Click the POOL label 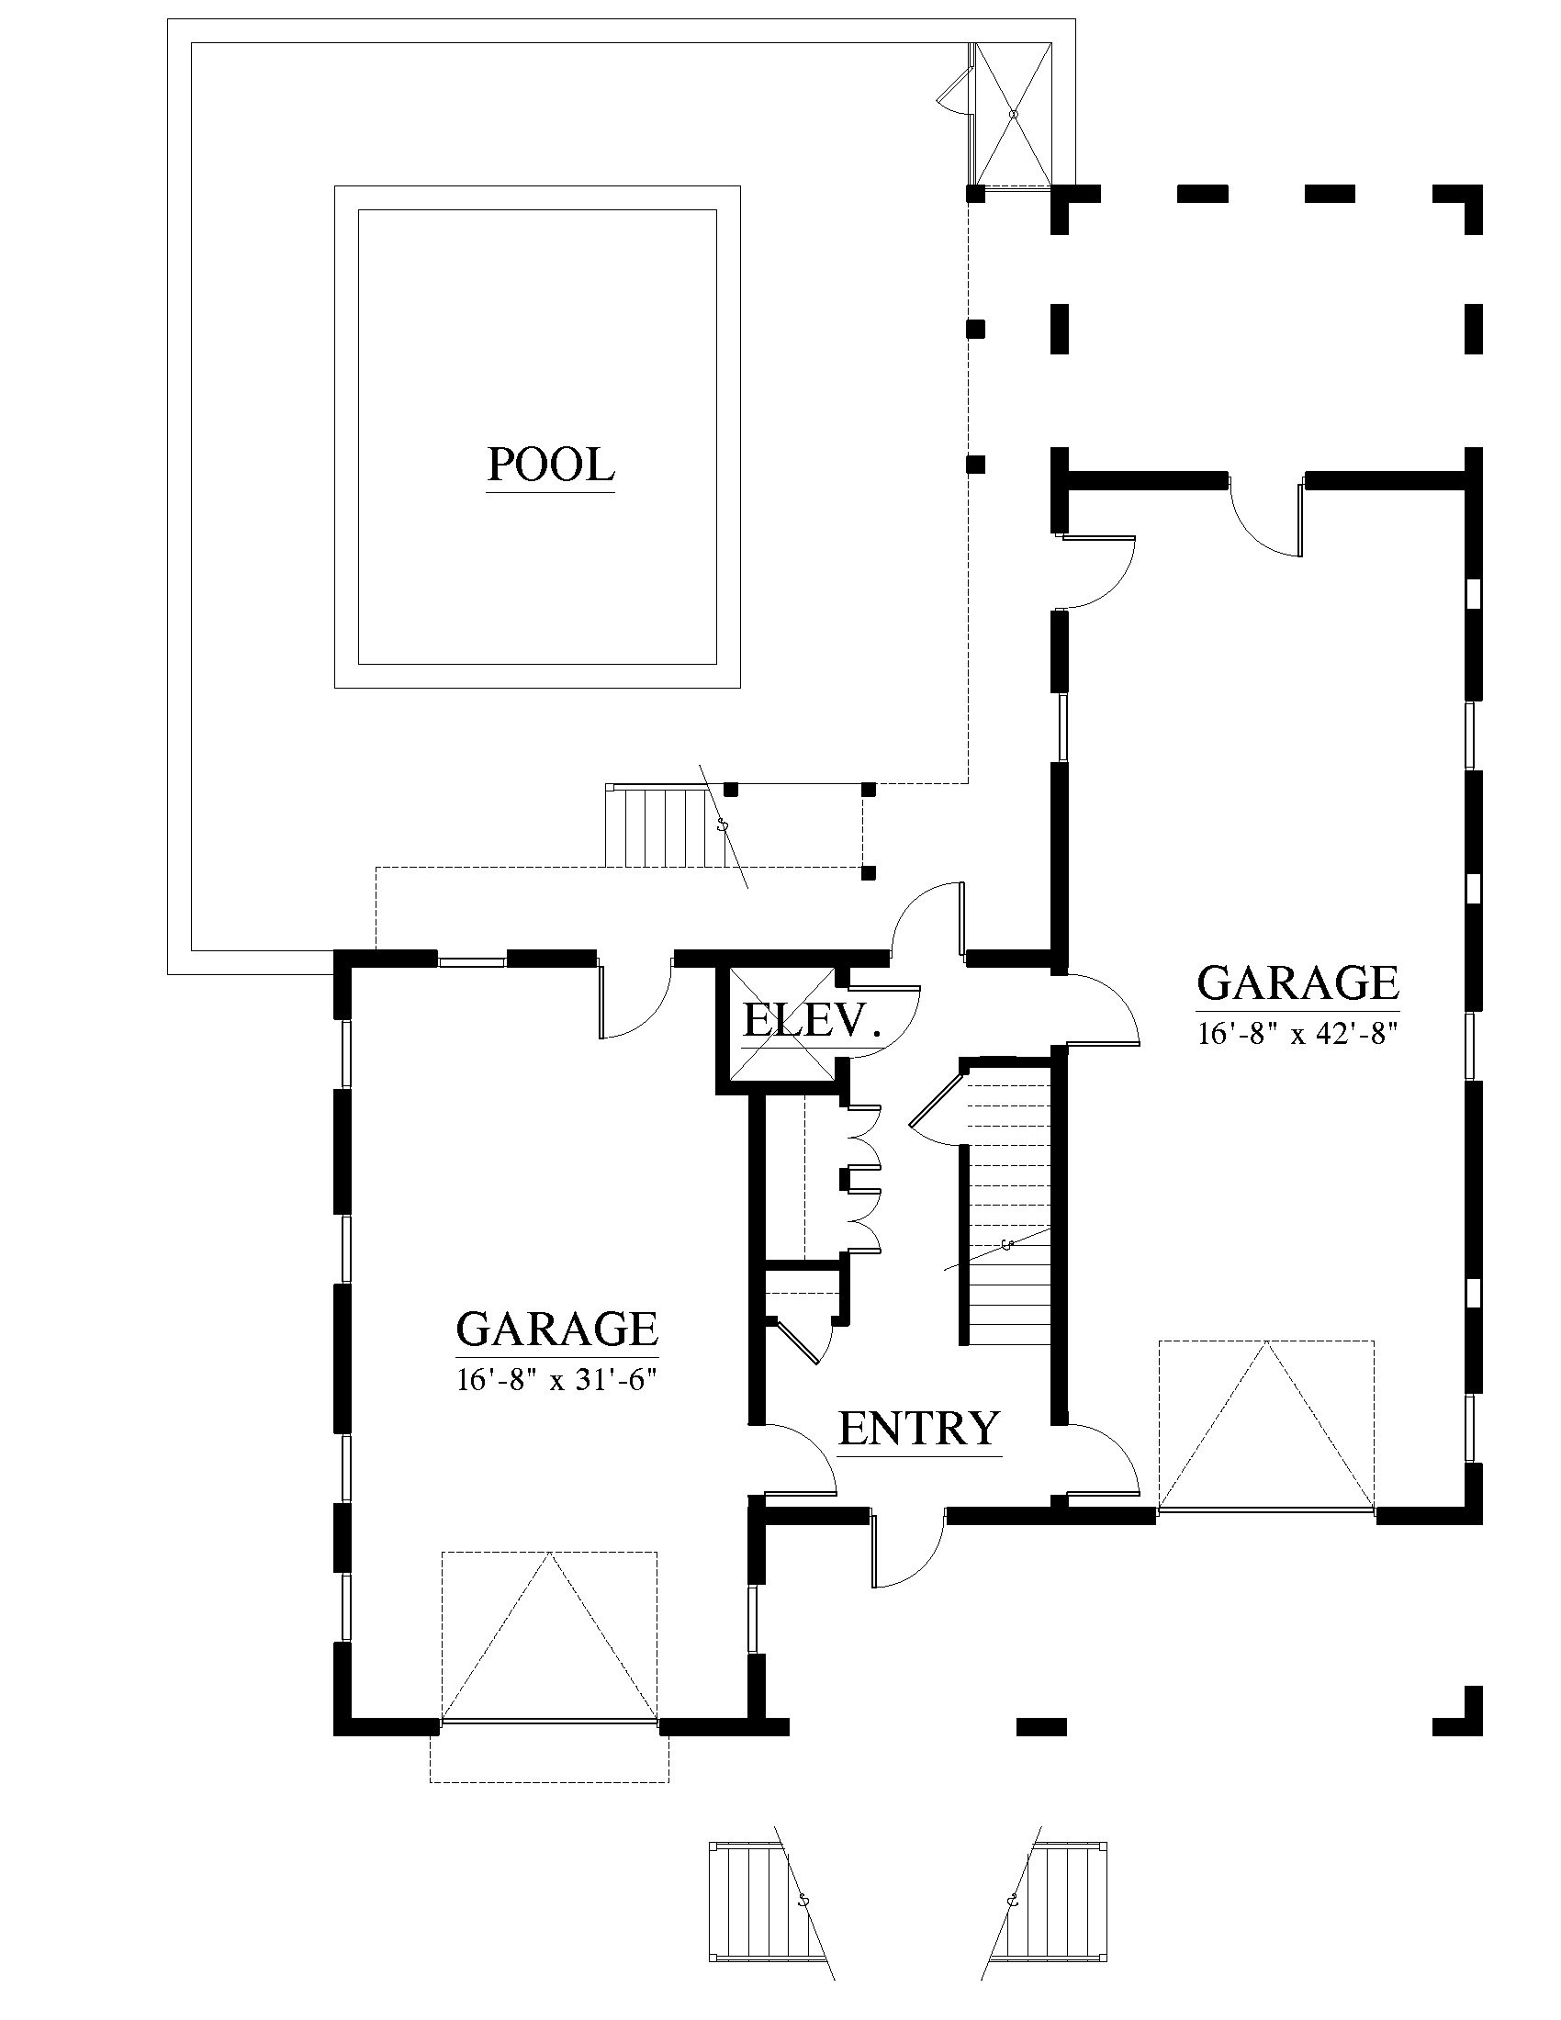550,465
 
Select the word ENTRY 919,1428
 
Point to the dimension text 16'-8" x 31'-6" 556,1380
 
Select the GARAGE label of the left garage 556,1330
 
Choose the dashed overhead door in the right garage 1266,1425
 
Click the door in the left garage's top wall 635,998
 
